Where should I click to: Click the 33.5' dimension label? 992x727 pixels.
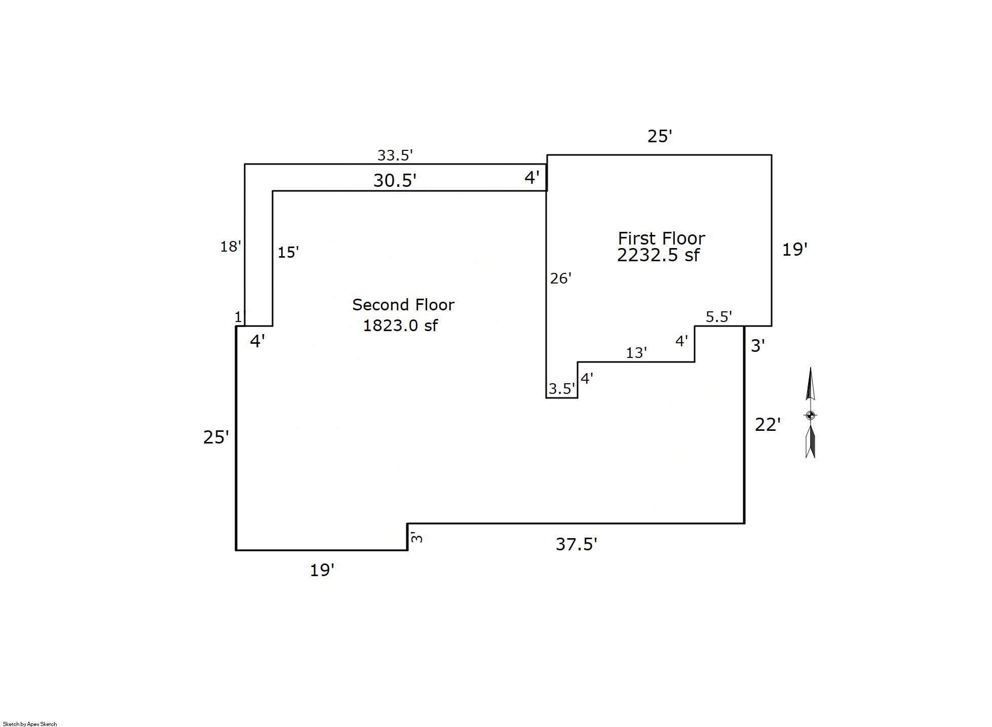click(395, 155)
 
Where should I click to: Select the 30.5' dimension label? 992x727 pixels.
click(395, 180)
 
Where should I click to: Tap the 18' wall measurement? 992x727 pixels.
click(231, 247)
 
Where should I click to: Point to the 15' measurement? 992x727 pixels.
click(288, 252)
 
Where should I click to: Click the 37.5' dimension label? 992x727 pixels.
click(577, 544)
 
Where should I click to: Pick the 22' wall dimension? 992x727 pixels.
click(768, 424)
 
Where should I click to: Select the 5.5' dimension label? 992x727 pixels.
click(719, 317)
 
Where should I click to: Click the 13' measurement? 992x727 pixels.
click(636, 352)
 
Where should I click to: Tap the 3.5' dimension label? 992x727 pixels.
click(562, 388)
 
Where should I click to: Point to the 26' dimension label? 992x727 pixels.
click(561, 278)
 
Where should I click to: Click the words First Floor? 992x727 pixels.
click(661, 238)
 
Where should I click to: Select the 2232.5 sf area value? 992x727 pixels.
click(658, 255)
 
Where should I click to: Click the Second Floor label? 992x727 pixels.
click(403, 305)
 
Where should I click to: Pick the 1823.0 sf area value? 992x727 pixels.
click(400, 325)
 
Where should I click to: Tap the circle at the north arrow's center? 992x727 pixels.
click(810, 416)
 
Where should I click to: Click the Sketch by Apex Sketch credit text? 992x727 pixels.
click(30, 724)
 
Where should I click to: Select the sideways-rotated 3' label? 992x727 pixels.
click(416, 537)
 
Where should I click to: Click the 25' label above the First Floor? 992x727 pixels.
click(660, 136)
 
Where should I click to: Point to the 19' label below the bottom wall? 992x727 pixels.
click(322, 571)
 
